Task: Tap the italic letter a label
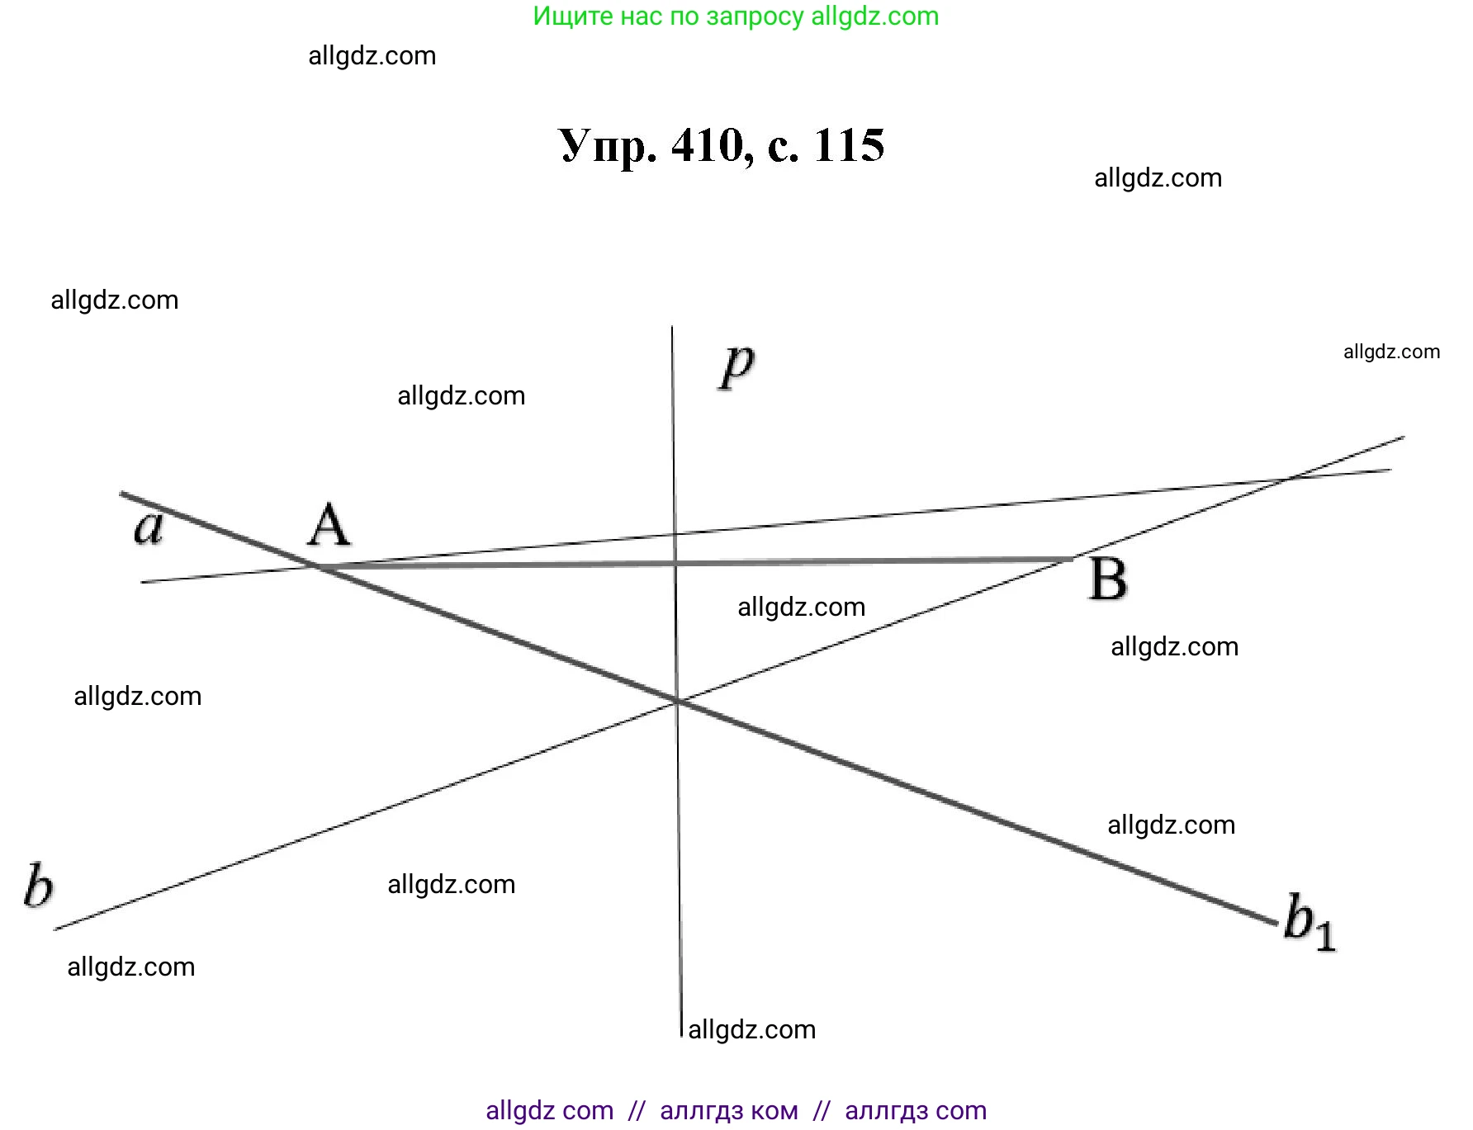pyautogui.click(x=149, y=527)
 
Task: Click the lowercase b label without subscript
pyautogui.click(x=38, y=886)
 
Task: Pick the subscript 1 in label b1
pyautogui.click(x=1324, y=936)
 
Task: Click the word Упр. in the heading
pyautogui.click(x=608, y=146)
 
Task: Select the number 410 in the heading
pyautogui.click(x=708, y=146)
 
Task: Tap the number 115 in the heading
pyautogui.click(x=849, y=146)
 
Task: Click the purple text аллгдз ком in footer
pyautogui.click(x=729, y=1111)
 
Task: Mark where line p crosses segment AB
pyautogui.click(x=675, y=563)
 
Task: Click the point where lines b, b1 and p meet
pyautogui.click(x=677, y=701)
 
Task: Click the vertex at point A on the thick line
pyautogui.click(x=317, y=566)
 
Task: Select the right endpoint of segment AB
pyautogui.click(x=1072, y=559)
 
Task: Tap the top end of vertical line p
pyautogui.click(x=672, y=327)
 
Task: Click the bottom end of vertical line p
pyautogui.click(x=682, y=1035)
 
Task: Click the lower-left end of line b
pyautogui.click(x=55, y=929)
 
